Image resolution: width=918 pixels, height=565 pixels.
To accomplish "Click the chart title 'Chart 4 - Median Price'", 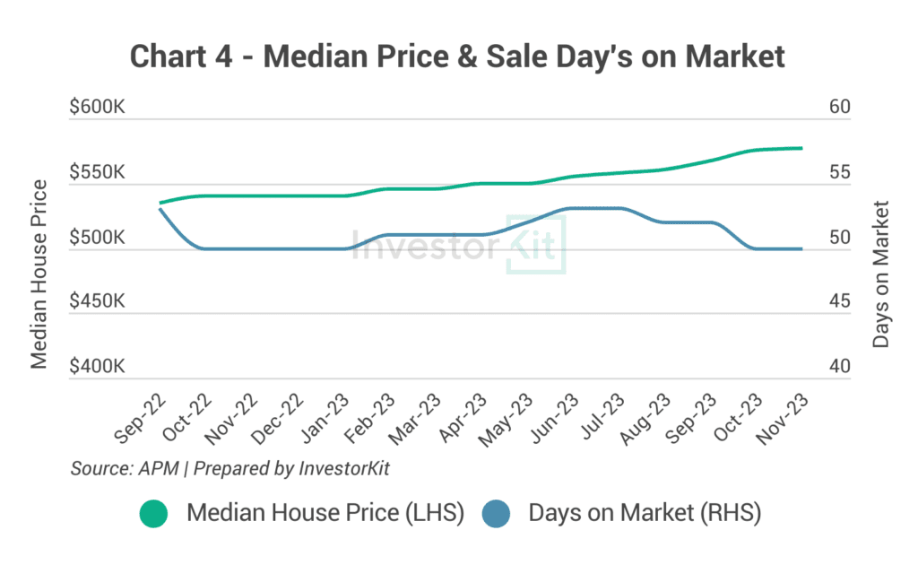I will point(458,56).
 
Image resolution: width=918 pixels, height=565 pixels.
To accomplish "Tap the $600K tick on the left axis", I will point(97,107).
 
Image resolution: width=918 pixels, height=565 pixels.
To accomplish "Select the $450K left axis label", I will point(97,301).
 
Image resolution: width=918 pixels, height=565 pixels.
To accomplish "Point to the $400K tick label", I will point(97,367).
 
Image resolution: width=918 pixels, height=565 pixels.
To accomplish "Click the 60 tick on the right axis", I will point(839,107).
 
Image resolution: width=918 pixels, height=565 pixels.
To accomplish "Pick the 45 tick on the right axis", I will point(839,301).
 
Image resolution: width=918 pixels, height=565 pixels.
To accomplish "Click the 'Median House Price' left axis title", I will point(39,274).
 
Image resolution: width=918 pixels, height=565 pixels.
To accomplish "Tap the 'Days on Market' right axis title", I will point(881,274).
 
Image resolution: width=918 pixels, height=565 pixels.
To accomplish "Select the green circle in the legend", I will point(154,514).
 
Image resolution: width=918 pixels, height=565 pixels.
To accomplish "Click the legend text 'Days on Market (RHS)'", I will point(645,514).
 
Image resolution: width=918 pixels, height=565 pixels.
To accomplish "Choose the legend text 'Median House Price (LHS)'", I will point(325,514).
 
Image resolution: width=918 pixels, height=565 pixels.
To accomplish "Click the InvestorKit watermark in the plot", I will point(458,244).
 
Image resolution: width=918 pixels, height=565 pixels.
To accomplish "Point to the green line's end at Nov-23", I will point(801,148).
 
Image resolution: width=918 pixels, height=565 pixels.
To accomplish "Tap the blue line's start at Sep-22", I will point(160,209).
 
